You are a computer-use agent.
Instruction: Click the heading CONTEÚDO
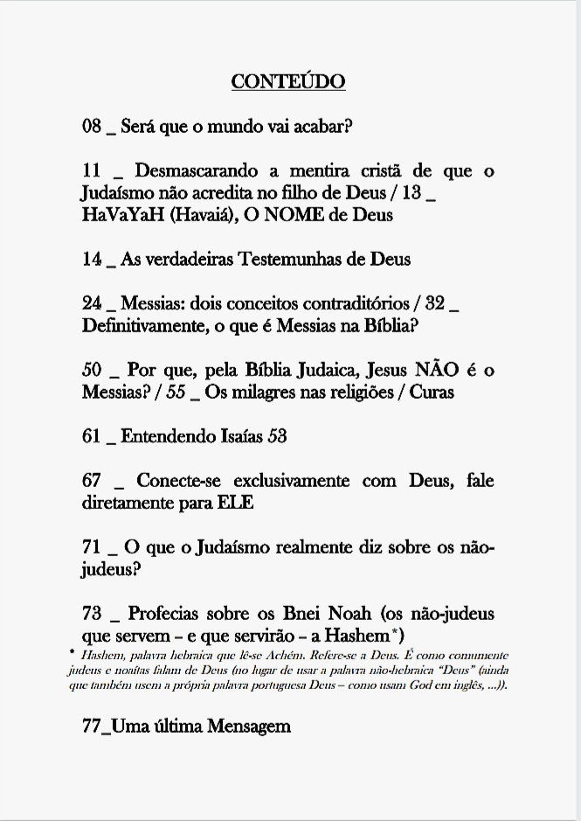[x=288, y=82]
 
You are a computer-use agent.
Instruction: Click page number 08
[x=92, y=126]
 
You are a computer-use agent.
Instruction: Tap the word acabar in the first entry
[x=322, y=126]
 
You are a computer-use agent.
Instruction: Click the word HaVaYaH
[x=117, y=215]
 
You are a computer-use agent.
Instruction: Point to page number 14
[x=92, y=260]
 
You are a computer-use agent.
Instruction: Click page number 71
[x=92, y=548]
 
